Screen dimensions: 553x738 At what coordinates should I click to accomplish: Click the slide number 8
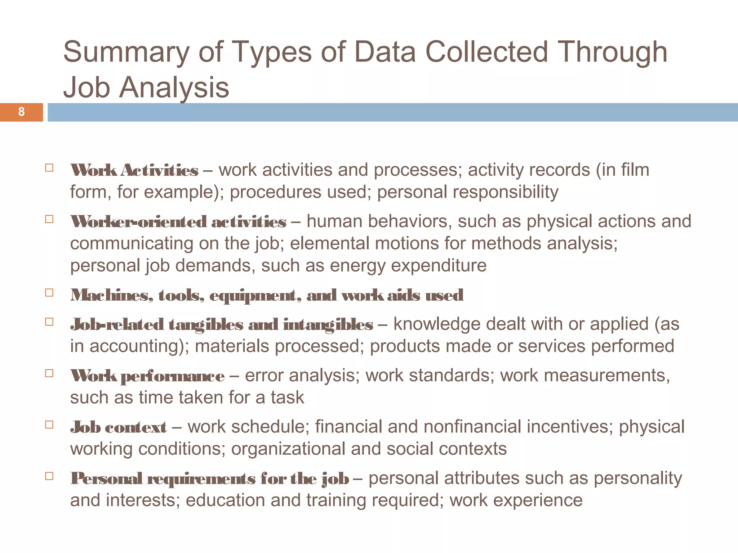[21, 112]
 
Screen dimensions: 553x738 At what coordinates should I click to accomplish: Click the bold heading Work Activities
[134, 170]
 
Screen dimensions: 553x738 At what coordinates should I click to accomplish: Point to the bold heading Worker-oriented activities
[178, 222]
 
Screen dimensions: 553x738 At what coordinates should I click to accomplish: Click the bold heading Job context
[118, 427]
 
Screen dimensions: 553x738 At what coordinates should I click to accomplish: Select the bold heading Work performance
[147, 376]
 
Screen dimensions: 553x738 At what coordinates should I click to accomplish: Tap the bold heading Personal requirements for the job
[209, 479]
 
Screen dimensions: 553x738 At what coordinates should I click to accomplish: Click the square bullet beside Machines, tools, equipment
[49, 292]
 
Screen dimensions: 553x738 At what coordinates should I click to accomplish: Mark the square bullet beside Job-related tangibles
[49, 322]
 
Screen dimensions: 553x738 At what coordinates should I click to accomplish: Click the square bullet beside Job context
[49, 424]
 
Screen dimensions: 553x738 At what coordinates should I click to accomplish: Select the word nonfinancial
[472, 427]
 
